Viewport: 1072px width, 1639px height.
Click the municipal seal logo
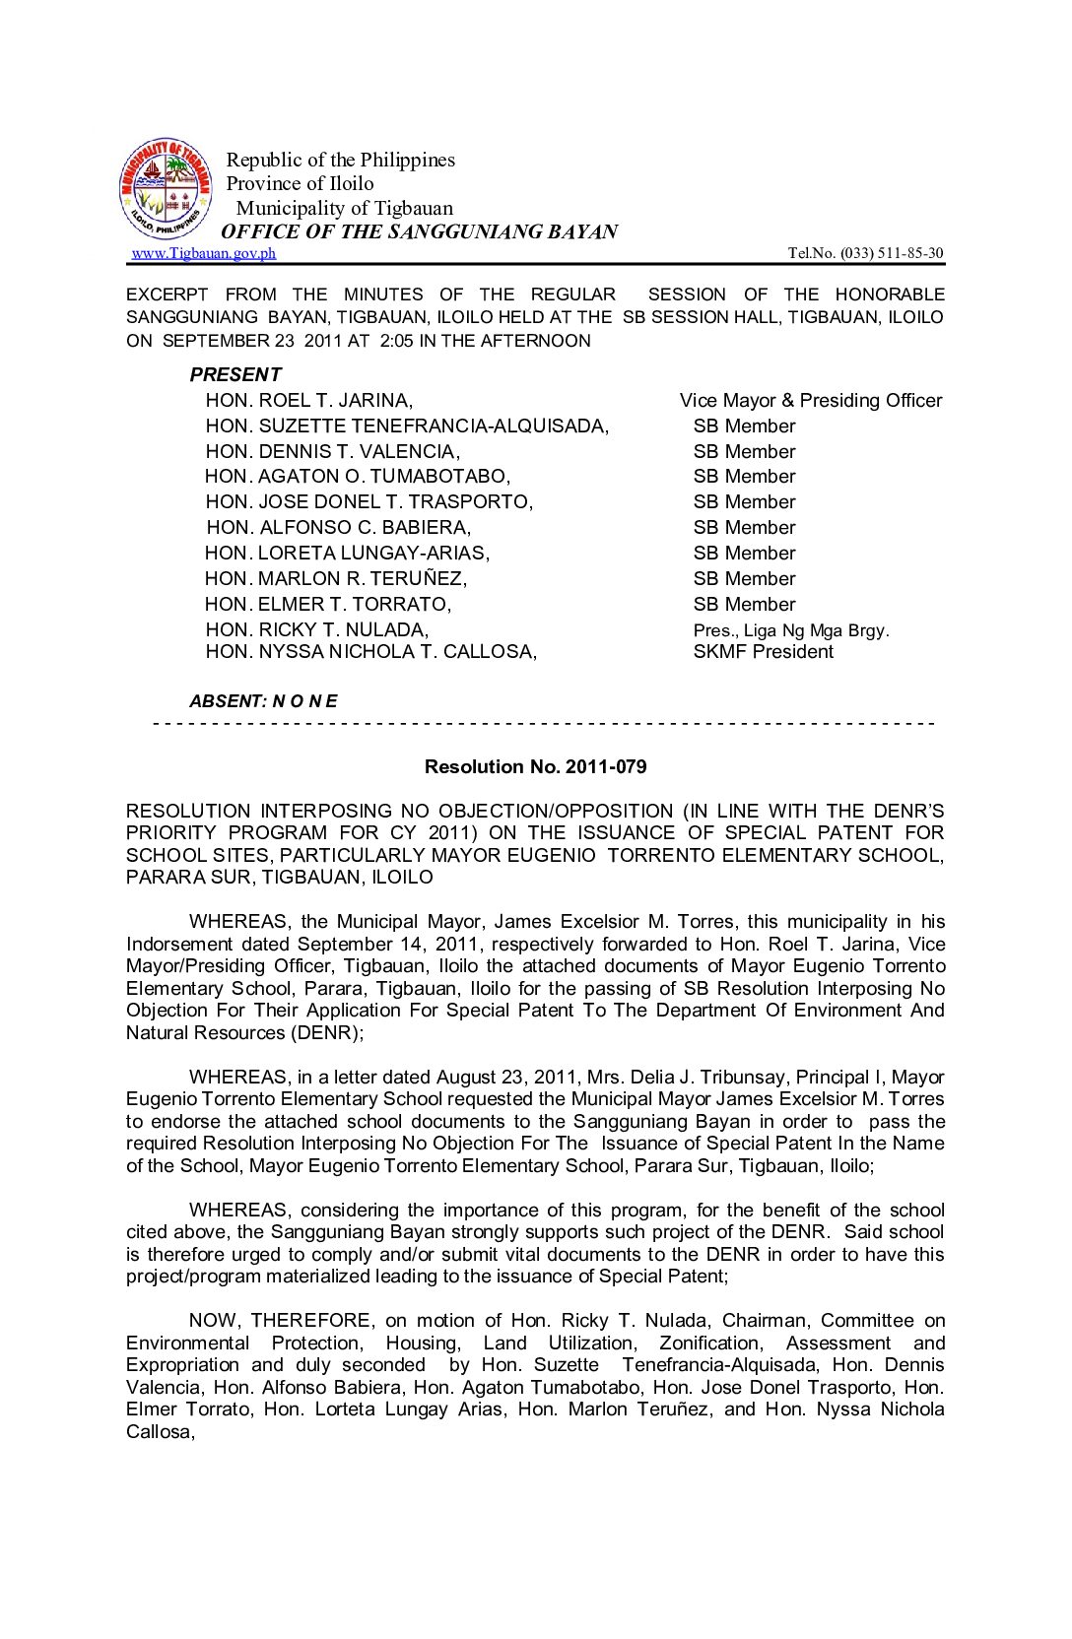click(x=166, y=189)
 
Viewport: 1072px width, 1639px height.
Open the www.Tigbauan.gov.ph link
click(x=204, y=253)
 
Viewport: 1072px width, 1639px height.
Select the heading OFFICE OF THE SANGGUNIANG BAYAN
click(x=420, y=231)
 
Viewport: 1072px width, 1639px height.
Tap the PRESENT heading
click(x=235, y=374)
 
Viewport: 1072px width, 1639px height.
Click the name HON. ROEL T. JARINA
click(x=308, y=400)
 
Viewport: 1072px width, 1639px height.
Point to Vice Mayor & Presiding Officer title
click(x=810, y=400)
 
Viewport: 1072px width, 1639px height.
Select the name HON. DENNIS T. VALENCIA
click(x=332, y=451)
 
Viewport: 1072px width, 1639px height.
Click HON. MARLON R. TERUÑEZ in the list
click(x=336, y=578)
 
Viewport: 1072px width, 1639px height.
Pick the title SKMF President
click(x=763, y=651)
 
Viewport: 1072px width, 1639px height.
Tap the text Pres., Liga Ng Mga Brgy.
click(x=790, y=630)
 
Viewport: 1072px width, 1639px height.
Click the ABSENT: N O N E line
click(x=263, y=701)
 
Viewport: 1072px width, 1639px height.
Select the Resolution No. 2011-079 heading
click(x=535, y=766)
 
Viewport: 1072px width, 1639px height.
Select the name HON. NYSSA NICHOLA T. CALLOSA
click(x=370, y=651)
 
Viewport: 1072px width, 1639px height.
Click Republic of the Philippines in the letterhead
click(x=341, y=160)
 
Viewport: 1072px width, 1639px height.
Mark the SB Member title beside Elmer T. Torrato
click(x=744, y=604)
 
